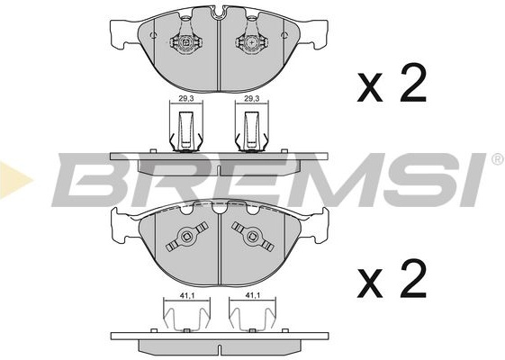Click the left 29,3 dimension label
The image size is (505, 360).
pyautogui.click(x=186, y=99)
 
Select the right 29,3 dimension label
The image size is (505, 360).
pyautogui.click(x=252, y=99)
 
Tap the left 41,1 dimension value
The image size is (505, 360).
pyautogui.click(x=186, y=294)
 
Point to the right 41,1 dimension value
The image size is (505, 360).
pyautogui.click(x=252, y=294)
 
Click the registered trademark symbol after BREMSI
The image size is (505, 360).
pyautogui.click(x=498, y=159)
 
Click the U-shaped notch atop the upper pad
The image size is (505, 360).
pyautogui.click(x=219, y=13)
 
